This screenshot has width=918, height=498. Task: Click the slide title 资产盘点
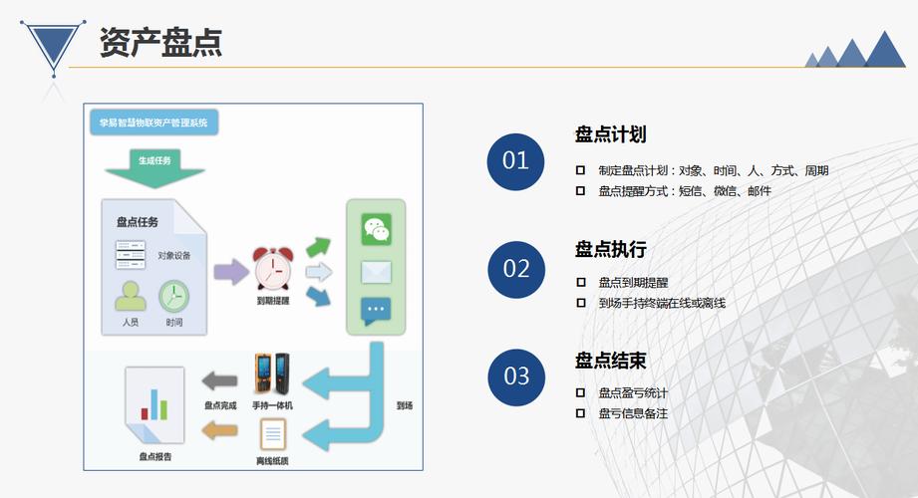159,43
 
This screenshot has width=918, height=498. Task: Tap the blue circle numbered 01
515,160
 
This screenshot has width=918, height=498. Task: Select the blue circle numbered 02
515,269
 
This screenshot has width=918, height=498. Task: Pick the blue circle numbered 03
515,376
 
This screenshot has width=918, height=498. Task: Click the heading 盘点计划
610,134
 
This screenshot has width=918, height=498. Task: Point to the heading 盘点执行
610,249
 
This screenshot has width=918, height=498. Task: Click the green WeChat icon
376,230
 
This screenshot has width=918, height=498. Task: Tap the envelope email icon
376,271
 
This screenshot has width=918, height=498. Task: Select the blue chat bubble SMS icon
376,312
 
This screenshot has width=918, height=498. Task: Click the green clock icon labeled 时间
173,296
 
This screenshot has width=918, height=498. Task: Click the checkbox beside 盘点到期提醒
580,282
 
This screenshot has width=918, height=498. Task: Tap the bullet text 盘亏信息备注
633,412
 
